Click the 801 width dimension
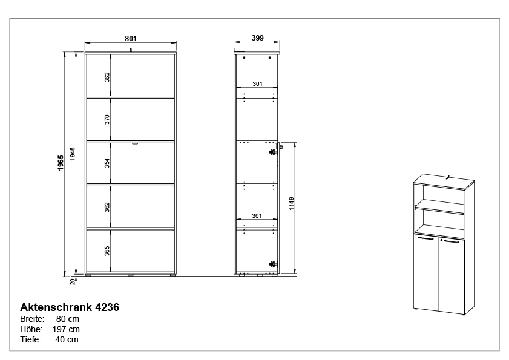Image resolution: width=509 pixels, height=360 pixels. (131, 38)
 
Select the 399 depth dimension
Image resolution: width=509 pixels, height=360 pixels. (257, 38)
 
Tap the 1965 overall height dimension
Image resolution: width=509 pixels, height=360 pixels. (61, 163)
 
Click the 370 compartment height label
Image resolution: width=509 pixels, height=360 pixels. (107, 119)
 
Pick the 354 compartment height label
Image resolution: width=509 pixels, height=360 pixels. (107, 162)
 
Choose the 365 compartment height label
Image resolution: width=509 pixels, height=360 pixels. (107, 250)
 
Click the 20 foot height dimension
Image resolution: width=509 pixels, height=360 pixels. (73, 281)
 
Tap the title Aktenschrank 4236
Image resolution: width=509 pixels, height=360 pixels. (70, 307)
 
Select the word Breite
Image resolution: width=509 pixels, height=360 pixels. (32, 319)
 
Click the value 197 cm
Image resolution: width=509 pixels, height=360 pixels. (66, 329)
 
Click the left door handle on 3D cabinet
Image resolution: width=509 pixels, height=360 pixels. (426, 238)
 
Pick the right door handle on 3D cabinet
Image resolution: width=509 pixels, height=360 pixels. (452, 242)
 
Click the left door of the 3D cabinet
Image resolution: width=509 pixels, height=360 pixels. (426, 272)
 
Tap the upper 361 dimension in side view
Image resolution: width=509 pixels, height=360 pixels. (257, 83)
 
